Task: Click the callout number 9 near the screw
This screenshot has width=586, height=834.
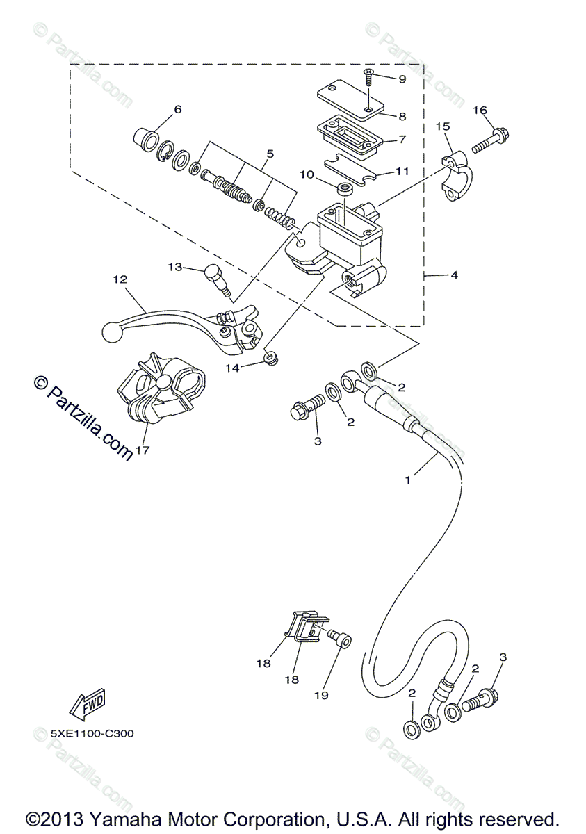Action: (x=402, y=79)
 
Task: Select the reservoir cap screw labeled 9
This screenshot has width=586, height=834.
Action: (x=369, y=78)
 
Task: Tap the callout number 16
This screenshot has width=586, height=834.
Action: (x=480, y=111)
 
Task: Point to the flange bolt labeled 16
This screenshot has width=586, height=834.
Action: (x=491, y=140)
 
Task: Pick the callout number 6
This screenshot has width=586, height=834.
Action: (x=178, y=110)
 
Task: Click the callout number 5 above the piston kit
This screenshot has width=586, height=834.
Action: (x=270, y=154)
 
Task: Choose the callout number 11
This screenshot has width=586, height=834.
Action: (x=402, y=171)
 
